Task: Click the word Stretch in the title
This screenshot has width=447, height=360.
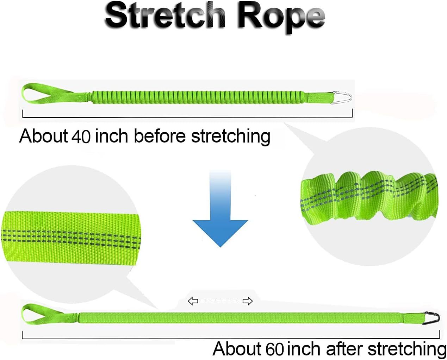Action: pos(165,17)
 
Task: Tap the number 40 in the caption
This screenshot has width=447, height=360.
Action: pos(81,137)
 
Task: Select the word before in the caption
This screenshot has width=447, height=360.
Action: pos(160,136)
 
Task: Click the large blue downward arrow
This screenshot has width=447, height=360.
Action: pos(220,209)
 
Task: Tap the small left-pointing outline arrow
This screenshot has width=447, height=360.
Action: pos(193,301)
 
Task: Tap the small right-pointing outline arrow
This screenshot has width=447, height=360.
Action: pos(248,301)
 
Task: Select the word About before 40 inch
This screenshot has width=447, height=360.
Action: pos(43,136)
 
